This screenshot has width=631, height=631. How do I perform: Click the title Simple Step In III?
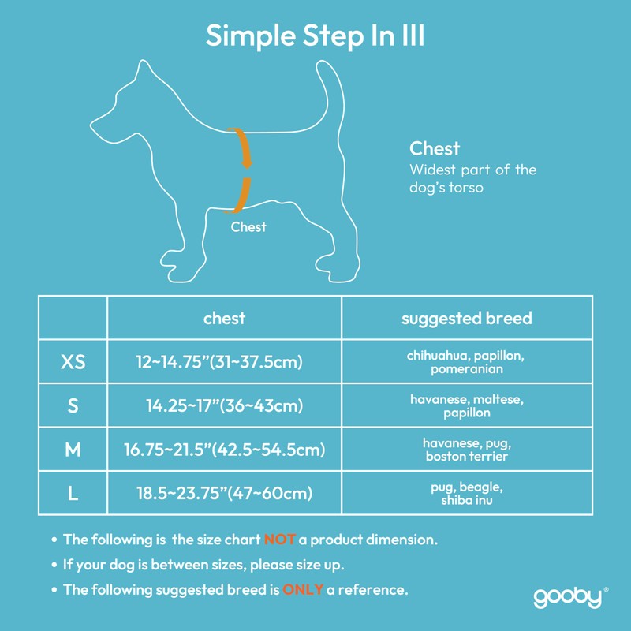click(x=315, y=35)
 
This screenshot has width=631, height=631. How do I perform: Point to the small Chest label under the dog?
click(x=248, y=227)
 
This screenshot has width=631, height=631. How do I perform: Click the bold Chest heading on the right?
click(x=435, y=148)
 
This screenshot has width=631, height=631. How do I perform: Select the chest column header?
click(x=224, y=318)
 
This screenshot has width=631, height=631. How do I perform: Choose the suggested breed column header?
click(x=467, y=319)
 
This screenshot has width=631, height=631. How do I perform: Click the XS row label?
click(x=73, y=362)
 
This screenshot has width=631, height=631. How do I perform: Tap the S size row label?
click(x=73, y=406)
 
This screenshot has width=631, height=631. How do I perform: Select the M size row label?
click(x=73, y=450)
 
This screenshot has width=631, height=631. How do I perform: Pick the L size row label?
click(x=73, y=494)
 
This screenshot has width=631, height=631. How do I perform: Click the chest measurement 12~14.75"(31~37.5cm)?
click(x=219, y=362)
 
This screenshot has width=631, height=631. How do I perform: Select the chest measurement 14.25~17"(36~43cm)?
click(x=225, y=406)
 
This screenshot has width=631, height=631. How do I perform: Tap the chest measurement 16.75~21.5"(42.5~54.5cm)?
click(x=225, y=450)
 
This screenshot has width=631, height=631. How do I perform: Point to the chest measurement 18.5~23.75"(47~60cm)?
click(x=225, y=494)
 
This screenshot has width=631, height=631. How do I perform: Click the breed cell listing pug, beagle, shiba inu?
click(x=467, y=494)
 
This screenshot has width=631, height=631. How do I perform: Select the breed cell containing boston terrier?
click(x=467, y=450)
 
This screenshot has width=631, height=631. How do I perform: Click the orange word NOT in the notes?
click(x=279, y=540)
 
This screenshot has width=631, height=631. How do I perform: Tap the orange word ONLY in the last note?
click(x=303, y=589)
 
